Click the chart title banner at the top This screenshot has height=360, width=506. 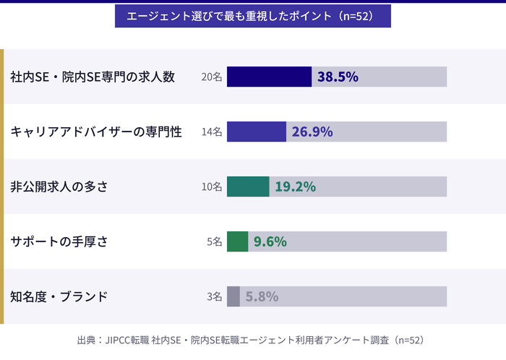tap(252, 16)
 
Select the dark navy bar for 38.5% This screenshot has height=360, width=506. tap(269, 77)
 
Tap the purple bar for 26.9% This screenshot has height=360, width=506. tap(257, 132)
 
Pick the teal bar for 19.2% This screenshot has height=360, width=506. tap(248, 187)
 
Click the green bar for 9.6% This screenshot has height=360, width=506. tap(237, 241)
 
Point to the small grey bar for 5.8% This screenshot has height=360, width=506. tap(233, 296)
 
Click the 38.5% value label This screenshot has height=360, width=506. tap(338, 77)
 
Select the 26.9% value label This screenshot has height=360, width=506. tap(312, 132)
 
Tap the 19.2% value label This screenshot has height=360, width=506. tap(295, 187)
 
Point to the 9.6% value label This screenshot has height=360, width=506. tap(270, 241)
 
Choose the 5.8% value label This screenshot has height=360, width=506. tap(262, 296)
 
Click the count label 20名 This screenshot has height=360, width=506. tap(212, 77)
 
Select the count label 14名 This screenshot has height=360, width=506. tap(212, 132)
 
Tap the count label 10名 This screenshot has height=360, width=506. tap(212, 187)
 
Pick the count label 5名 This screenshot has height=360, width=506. tap(214, 241)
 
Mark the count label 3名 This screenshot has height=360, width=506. tap(214, 296)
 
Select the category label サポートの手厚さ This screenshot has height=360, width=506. tap(59, 241)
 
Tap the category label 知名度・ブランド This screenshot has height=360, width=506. tap(59, 296)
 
